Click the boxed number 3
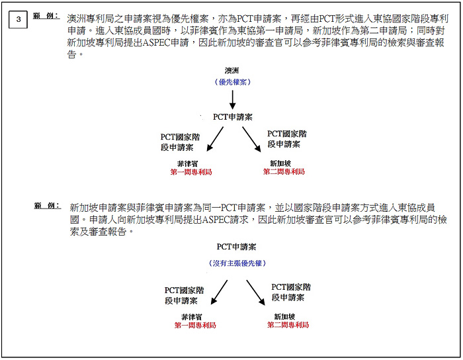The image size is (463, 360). pyautogui.click(x=19, y=19)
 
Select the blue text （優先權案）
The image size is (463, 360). pyautogui.click(x=232, y=82)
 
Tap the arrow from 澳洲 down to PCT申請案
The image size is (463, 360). pyautogui.click(x=232, y=100)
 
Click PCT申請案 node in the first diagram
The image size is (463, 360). pyautogui.click(x=232, y=117)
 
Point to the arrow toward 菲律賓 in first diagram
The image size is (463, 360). pyautogui.click(x=215, y=138)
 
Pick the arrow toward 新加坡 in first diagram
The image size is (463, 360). pyautogui.click(x=251, y=138)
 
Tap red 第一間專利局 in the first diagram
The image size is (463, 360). pyautogui.click(x=191, y=171)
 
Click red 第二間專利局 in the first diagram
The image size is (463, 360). pyautogui.click(x=284, y=171)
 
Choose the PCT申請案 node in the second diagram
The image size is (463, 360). pyautogui.click(x=236, y=247)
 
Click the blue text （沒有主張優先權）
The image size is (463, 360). pyautogui.click(x=236, y=263)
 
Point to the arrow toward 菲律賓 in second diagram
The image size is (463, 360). pyautogui.click(x=219, y=291)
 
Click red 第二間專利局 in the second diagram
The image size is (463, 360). pyautogui.click(x=288, y=325)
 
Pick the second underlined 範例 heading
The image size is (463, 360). pyautogui.click(x=46, y=206)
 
